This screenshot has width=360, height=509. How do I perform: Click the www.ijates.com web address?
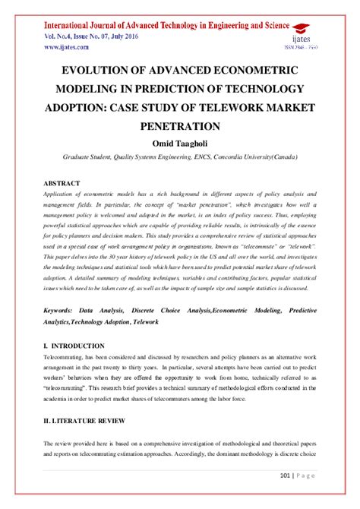click(x=65, y=46)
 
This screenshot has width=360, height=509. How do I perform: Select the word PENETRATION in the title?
click(x=180, y=125)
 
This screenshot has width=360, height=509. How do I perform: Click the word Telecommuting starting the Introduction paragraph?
click(x=68, y=357)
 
